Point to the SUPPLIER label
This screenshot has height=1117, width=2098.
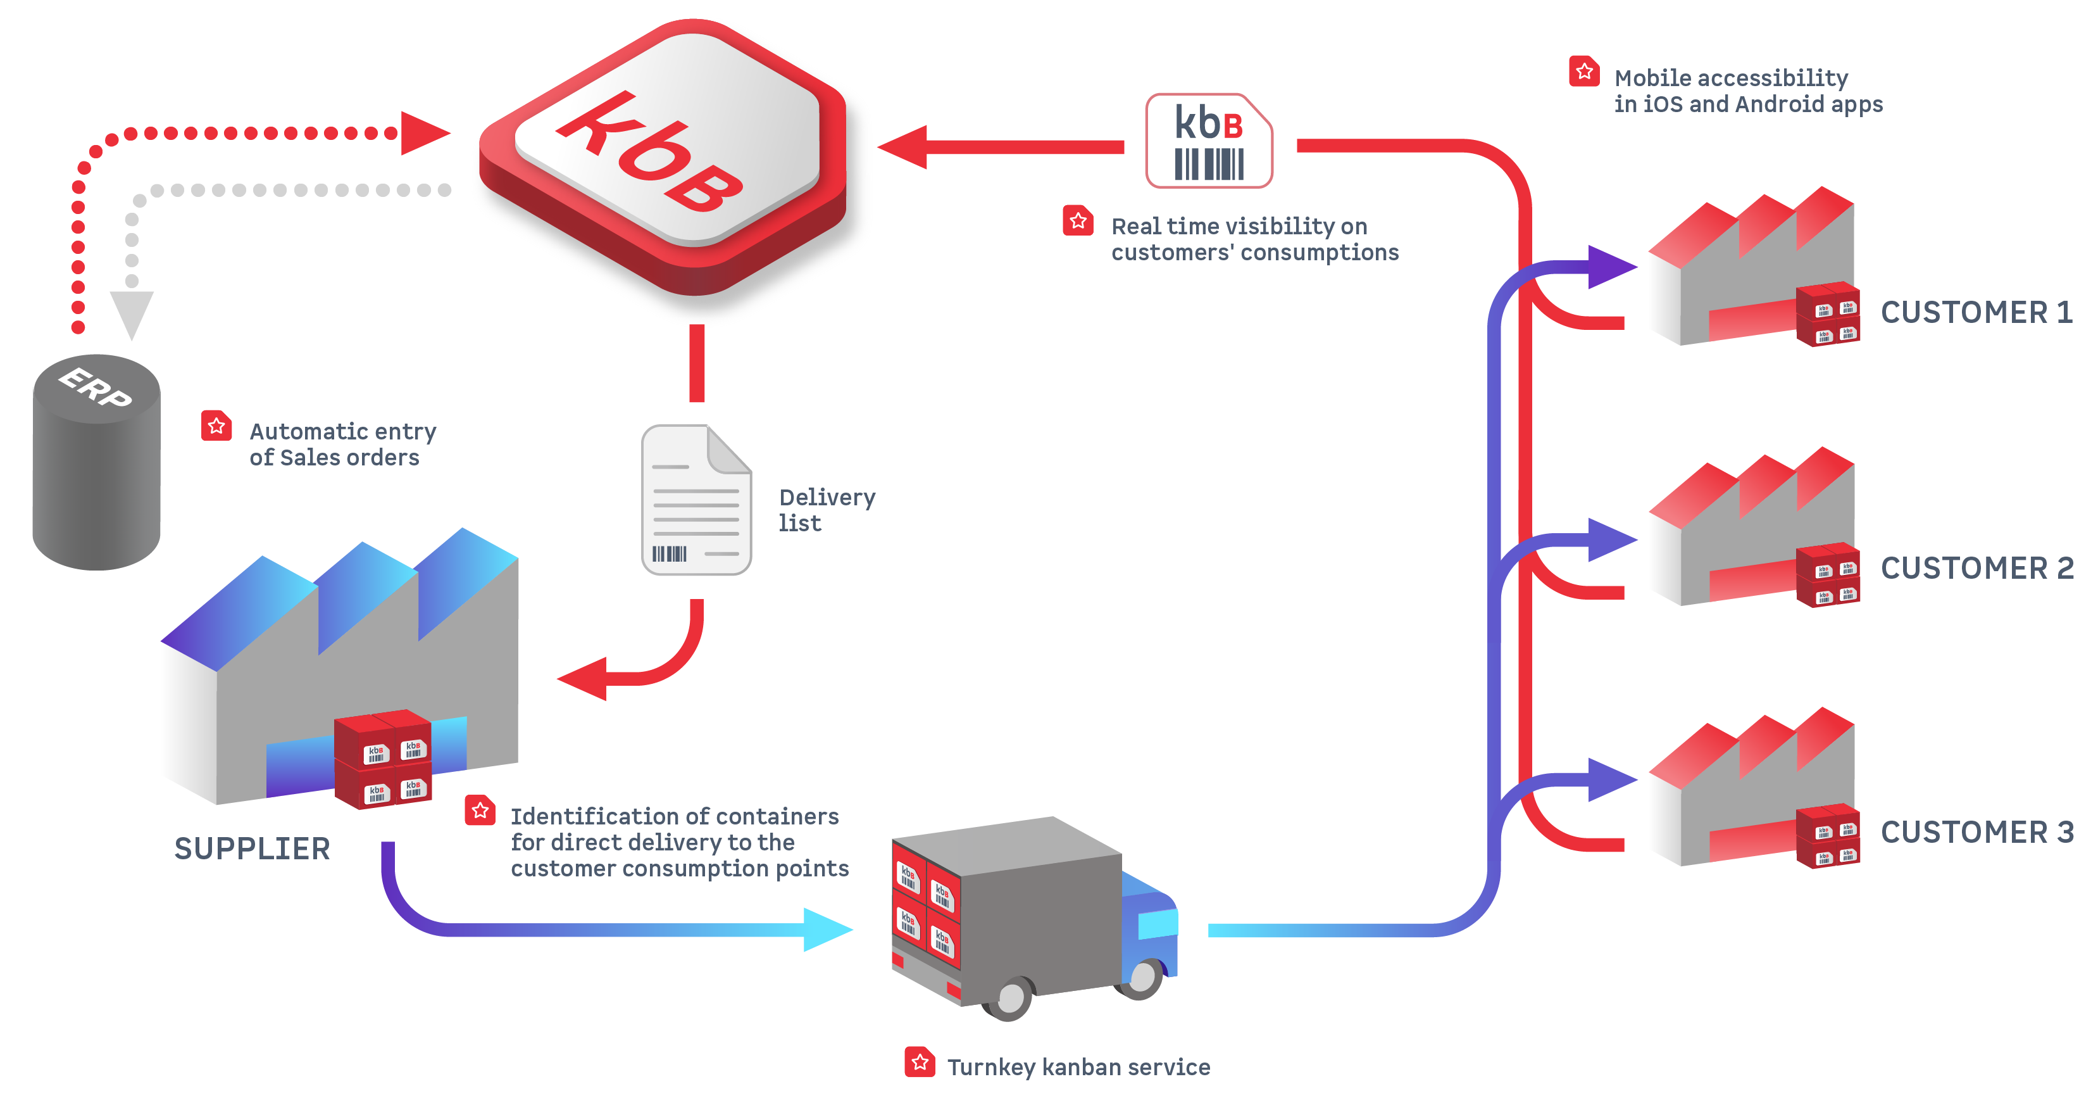(253, 849)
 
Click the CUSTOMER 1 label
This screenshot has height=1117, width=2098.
(1976, 312)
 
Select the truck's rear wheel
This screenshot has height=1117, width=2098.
(1010, 995)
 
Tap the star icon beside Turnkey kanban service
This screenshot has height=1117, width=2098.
(920, 1062)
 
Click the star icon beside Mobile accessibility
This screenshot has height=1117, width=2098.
(1584, 72)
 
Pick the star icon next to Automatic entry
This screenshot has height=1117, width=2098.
(216, 426)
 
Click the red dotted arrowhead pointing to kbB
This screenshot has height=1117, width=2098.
(423, 133)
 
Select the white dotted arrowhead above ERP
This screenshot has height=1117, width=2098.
(131, 313)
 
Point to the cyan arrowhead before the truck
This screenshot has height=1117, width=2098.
(827, 930)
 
